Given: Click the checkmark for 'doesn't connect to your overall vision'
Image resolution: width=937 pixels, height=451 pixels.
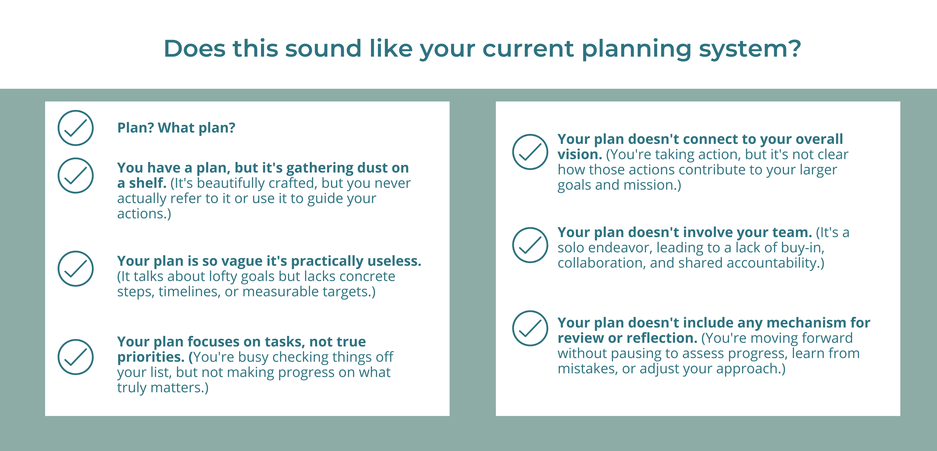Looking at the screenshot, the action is coord(530,152).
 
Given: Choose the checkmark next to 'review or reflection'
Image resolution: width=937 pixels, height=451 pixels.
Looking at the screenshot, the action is coord(530,328).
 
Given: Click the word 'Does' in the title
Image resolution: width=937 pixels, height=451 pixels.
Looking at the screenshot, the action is coord(195,48).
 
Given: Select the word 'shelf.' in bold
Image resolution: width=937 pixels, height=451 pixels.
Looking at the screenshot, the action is coord(147,183).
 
